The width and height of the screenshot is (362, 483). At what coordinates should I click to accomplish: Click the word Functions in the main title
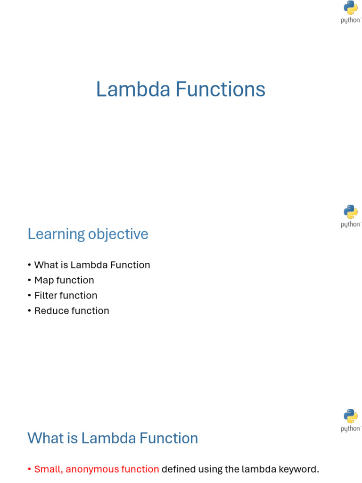point(221,89)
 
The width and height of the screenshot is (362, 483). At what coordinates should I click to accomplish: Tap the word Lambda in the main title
point(133,89)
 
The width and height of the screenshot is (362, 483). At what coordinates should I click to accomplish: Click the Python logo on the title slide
point(351,12)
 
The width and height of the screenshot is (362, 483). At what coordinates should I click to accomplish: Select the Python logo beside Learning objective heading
point(351,216)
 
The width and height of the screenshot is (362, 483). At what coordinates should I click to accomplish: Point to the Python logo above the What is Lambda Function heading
point(351,420)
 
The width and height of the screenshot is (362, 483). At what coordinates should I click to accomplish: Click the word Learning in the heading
point(57,234)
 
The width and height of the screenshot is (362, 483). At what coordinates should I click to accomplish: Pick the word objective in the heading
point(118,234)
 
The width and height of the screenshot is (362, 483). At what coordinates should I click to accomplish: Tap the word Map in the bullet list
point(44,281)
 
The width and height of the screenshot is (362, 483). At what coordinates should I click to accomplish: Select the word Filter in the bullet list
point(46,295)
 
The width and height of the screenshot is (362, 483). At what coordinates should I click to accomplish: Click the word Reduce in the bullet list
point(50,311)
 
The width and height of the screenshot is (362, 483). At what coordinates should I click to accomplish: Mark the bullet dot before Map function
point(29,280)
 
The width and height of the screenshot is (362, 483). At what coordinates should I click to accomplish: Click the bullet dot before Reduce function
point(29,311)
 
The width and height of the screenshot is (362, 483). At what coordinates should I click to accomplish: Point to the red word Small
point(49,469)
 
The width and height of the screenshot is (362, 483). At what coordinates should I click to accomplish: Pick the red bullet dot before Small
point(29,469)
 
